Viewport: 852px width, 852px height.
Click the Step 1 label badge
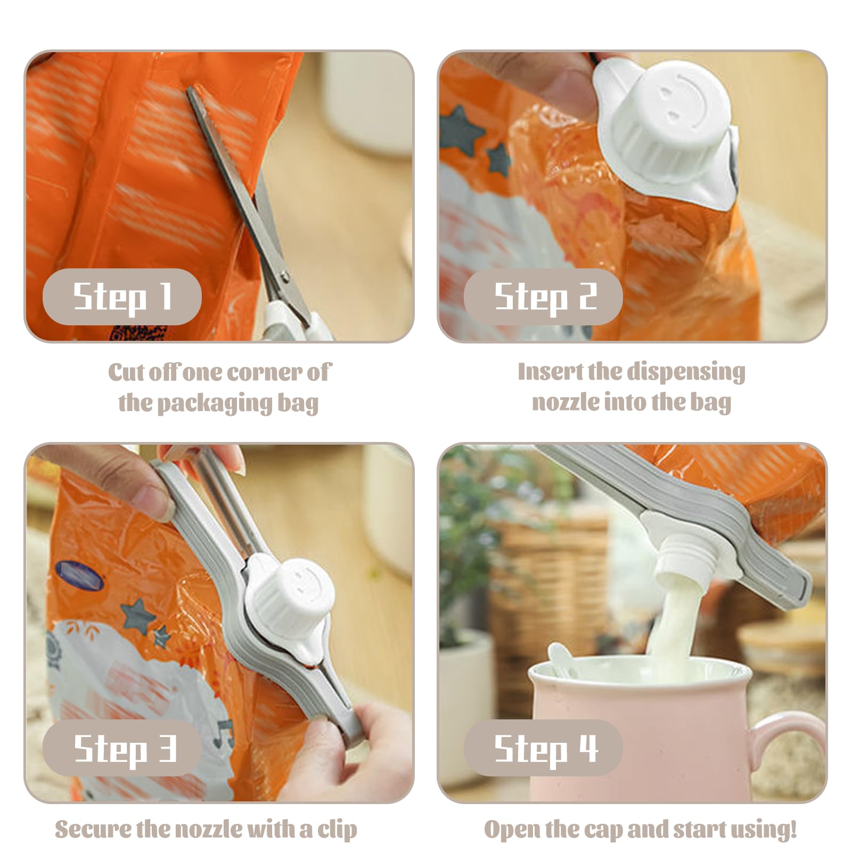(122, 297)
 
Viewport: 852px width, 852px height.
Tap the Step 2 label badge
(543, 297)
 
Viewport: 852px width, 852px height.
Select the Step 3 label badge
(122, 748)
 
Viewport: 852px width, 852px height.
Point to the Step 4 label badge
(543, 748)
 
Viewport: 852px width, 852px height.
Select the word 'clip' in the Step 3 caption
(337, 830)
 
